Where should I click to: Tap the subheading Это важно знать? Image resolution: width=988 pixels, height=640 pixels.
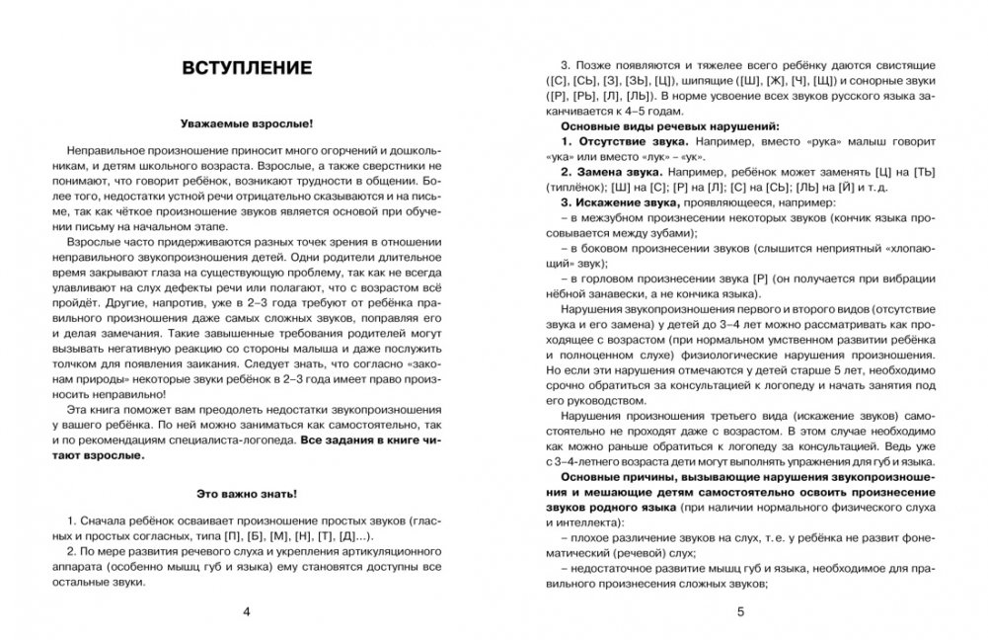coord(247,492)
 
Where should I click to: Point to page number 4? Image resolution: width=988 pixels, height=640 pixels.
coord(247,613)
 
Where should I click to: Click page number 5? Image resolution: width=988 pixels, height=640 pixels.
coord(740,613)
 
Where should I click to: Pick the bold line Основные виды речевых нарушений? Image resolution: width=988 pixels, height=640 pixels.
coord(670,127)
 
